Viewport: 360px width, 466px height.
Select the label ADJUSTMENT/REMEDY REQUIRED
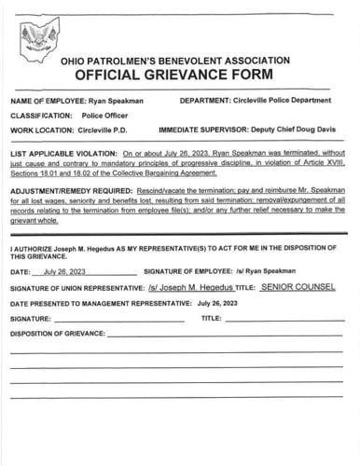pos(68,188)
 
